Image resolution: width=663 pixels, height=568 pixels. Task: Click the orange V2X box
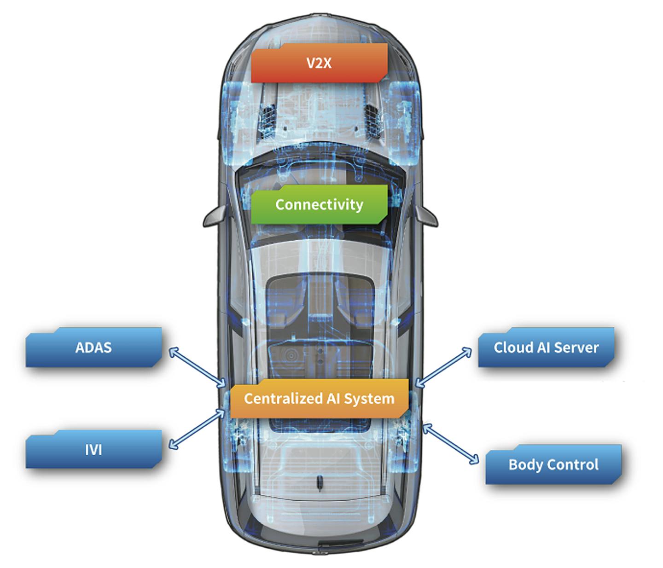(x=319, y=63)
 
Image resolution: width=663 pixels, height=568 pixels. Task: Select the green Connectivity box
(x=319, y=204)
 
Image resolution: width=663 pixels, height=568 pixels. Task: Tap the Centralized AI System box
(x=319, y=399)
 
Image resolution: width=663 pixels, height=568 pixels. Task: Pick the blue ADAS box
(x=93, y=348)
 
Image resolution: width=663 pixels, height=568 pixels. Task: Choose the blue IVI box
(x=93, y=450)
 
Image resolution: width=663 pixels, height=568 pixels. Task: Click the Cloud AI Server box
(x=546, y=348)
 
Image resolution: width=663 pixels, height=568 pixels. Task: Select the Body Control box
(x=553, y=464)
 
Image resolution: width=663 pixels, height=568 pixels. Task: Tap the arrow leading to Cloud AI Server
(x=444, y=366)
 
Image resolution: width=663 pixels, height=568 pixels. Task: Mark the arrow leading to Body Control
(x=451, y=443)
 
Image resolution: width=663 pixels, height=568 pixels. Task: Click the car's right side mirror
(x=427, y=215)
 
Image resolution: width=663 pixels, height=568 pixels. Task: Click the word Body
(x=524, y=465)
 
